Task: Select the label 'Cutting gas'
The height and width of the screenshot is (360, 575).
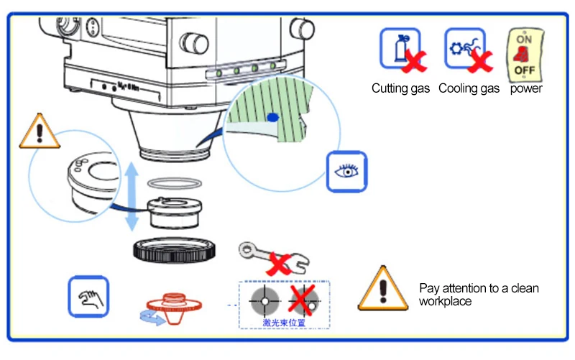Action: pyautogui.click(x=400, y=89)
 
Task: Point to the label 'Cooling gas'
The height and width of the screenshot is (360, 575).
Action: pyautogui.click(x=469, y=89)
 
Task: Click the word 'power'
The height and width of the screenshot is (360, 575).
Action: pyautogui.click(x=526, y=89)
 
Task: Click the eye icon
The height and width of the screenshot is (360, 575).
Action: pyautogui.click(x=346, y=171)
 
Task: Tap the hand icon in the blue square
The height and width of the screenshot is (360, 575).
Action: pyautogui.click(x=88, y=295)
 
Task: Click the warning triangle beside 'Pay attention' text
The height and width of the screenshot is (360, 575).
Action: pyautogui.click(x=382, y=287)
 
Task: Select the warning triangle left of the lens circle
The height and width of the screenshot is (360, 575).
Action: pyautogui.click(x=39, y=131)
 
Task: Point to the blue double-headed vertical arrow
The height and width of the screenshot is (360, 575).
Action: pyautogui.click(x=132, y=195)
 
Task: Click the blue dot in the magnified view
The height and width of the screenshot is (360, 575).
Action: pyautogui.click(x=271, y=116)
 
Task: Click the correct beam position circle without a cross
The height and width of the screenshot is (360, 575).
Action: pyautogui.click(x=263, y=298)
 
